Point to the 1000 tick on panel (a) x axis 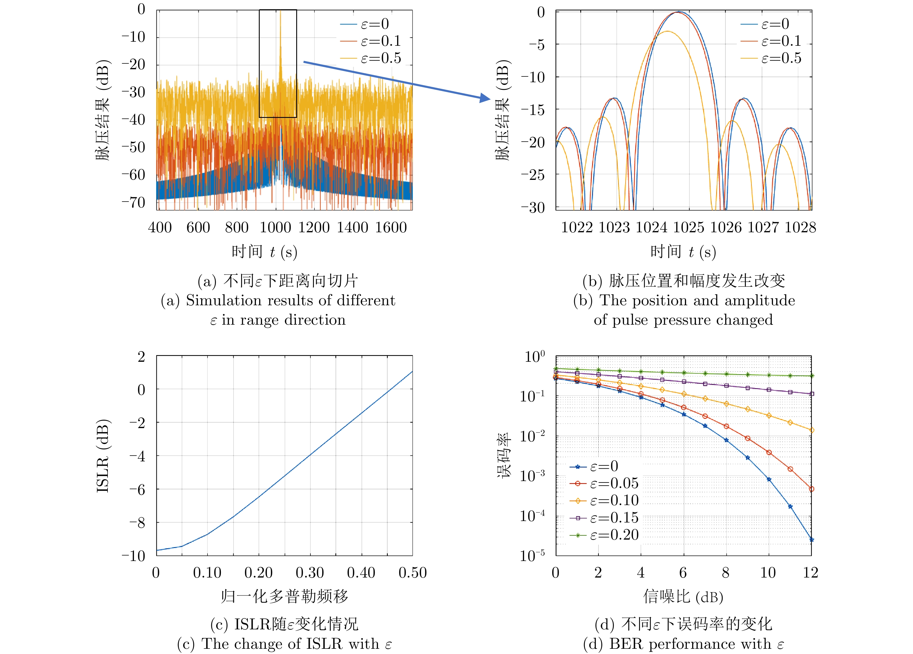pos(275,228)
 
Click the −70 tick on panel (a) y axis pos(134,202)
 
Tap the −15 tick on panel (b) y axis pos(533,109)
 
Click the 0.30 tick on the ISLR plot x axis pos(310,573)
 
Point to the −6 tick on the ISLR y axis pos(137,489)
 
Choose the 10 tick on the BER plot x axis pos(768,573)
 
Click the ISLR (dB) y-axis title pos(103,456)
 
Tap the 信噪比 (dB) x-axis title pos(683,596)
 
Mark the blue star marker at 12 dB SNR pos(812,540)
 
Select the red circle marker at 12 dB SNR pos(812,489)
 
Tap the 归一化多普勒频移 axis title pos(284,596)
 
